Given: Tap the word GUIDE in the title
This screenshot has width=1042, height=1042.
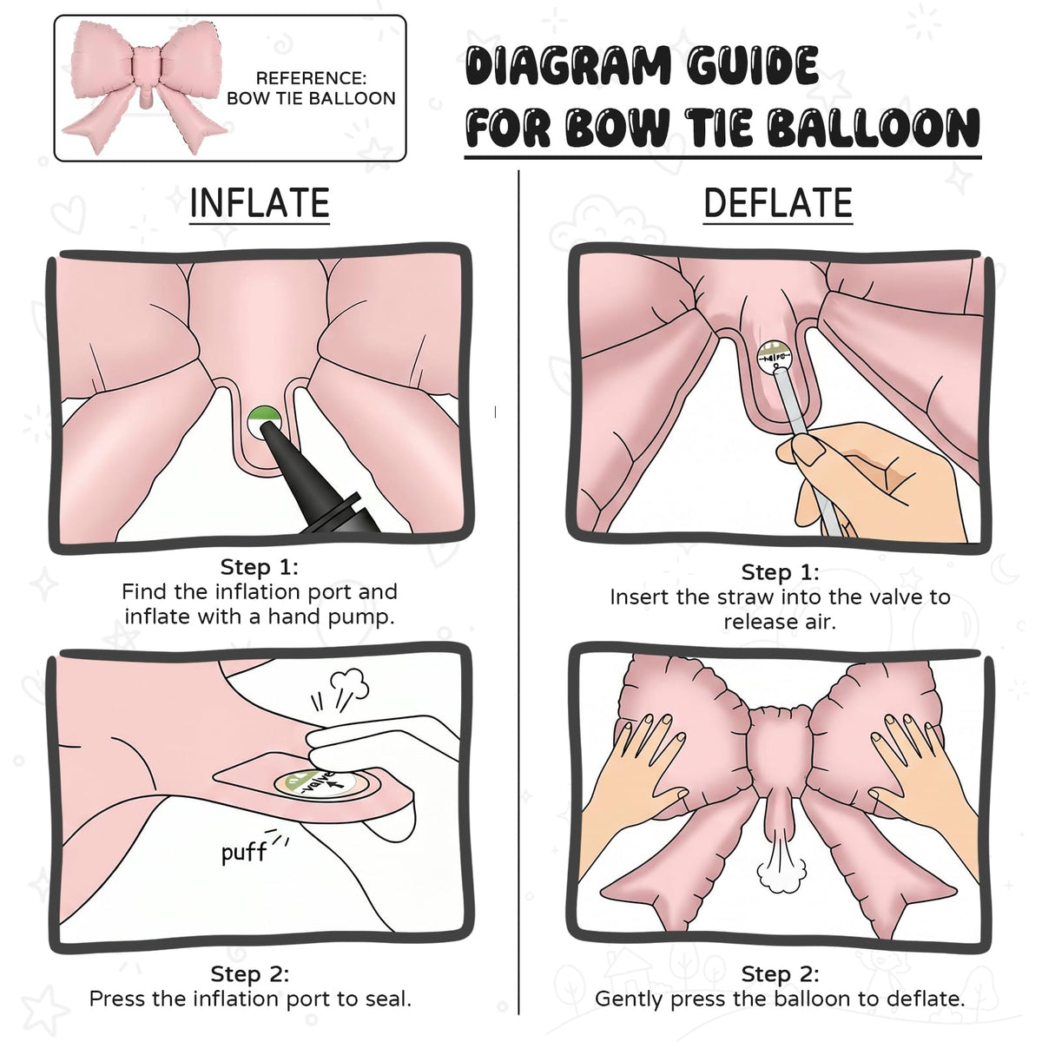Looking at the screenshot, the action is point(752,65).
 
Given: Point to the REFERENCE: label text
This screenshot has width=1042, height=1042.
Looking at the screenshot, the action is point(311,78).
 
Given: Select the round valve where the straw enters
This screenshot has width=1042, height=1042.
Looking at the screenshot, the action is point(775,357).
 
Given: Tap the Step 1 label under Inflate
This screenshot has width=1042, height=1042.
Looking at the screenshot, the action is point(259,567).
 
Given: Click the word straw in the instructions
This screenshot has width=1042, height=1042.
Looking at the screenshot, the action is point(746,597).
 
